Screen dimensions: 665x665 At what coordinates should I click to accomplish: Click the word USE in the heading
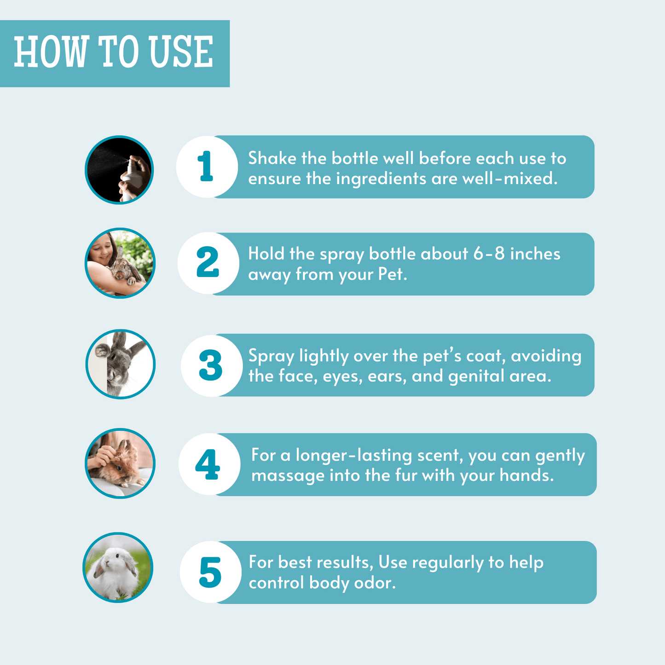point(181,52)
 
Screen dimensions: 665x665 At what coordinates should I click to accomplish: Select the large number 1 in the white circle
point(206,166)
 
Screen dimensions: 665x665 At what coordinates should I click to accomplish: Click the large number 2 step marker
point(208,261)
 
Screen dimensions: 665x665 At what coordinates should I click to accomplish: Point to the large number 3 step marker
point(210,365)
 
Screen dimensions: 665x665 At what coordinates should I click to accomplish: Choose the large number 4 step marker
point(208,464)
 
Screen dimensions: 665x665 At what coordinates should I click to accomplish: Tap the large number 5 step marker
point(210,572)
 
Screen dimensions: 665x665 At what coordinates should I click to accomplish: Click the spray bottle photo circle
point(119,170)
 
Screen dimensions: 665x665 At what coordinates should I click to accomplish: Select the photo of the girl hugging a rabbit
point(120,263)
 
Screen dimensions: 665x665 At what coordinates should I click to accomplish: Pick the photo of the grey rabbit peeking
point(121,364)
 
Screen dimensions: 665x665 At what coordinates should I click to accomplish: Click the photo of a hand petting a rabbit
point(120,463)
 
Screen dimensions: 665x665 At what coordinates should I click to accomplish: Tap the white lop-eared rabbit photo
point(118,567)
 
